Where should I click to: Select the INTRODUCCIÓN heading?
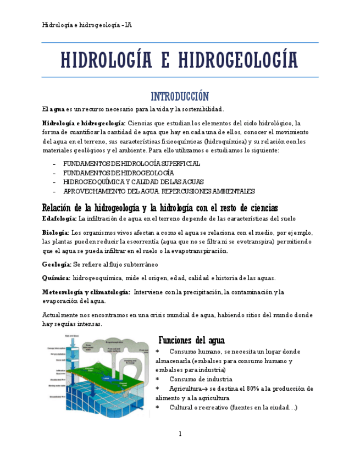click(x=180, y=96)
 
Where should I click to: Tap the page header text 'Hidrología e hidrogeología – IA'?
click(x=86, y=25)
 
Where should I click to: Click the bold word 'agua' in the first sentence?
click(x=57, y=109)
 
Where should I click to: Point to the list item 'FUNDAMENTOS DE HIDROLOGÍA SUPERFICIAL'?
click(x=131, y=164)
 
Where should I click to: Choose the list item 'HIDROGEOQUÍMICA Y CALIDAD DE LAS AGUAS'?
click(x=133, y=182)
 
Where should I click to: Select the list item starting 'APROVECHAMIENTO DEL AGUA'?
click(x=159, y=191)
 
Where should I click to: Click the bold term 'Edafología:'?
click(x=59, y=218)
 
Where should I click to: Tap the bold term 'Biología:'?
click(x=56, y=232)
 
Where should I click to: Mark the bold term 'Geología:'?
click(x=56, y=264)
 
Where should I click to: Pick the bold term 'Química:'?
click(x=56, y=278)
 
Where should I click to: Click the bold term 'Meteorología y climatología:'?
click(x=86, y=292)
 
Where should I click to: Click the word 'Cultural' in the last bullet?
click(x=182, y=407)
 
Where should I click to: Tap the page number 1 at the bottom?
click(x=180, y=434)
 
